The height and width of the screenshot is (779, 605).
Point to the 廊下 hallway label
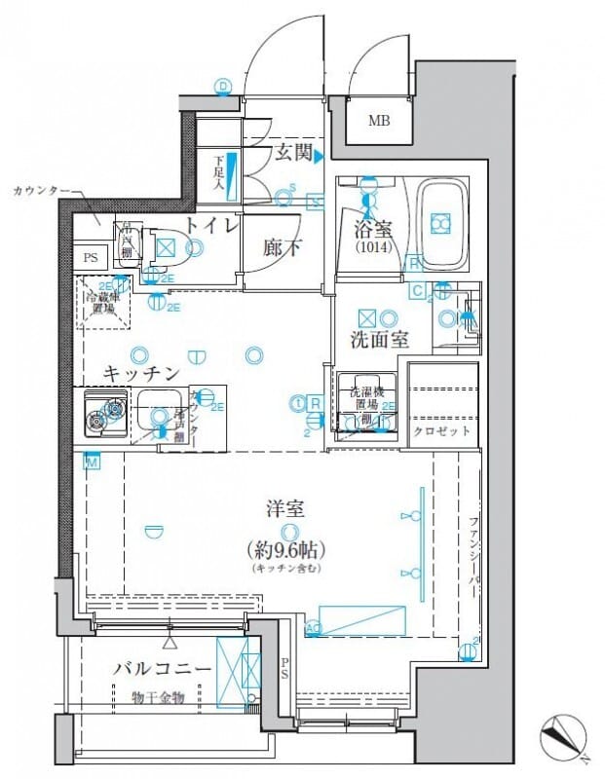click(x=282, y=247)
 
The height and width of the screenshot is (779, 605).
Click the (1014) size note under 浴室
click(x=370, y=247)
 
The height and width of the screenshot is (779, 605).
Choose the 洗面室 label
click(x=378, y=340)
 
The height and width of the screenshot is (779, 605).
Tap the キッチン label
click(x=140, y=373)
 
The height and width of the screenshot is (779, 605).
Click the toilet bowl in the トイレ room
click(x=167, y=247)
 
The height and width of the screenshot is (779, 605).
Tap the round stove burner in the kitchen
click(x=96, y=422)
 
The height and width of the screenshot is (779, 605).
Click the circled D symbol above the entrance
click(x=223, y=87)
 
